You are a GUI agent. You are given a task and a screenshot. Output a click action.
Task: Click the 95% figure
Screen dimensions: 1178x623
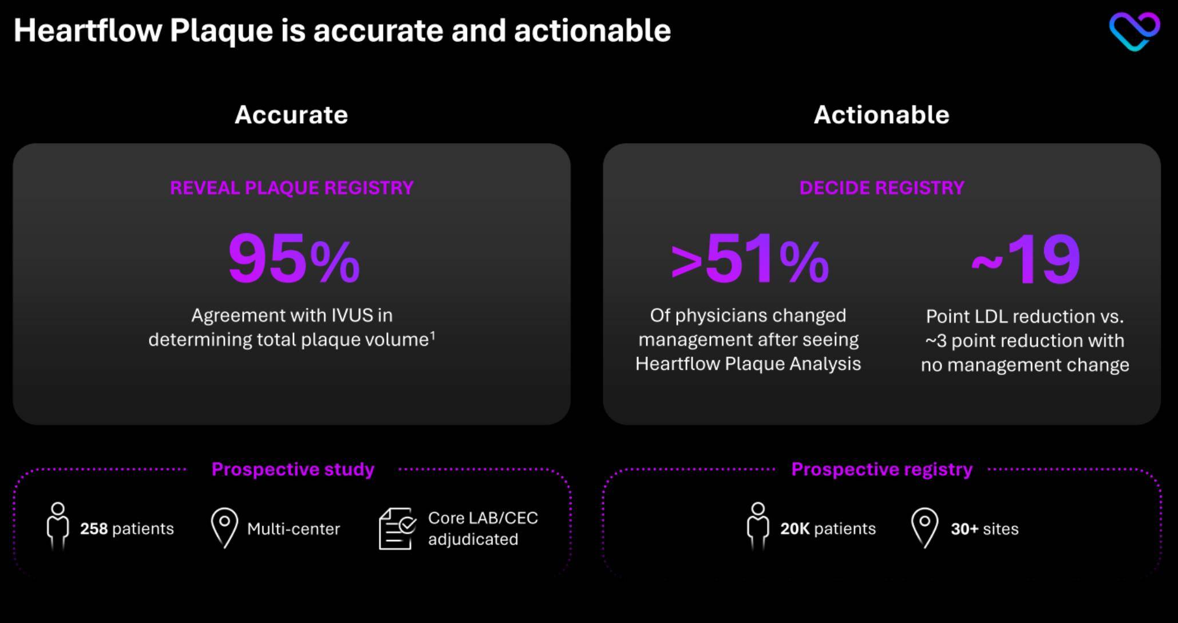tap(294, 259)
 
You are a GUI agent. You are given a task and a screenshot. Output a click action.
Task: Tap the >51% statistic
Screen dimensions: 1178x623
tap(749, 259)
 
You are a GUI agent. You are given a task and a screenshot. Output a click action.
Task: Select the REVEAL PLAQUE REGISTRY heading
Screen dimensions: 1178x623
tap(292, 188)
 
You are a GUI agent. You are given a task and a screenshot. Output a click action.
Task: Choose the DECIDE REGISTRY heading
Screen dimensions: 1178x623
tap(881, 188)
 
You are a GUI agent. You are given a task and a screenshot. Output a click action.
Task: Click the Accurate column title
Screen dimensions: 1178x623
tap(291, 115)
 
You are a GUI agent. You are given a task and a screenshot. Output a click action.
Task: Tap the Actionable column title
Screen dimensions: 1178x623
tap(881, 115)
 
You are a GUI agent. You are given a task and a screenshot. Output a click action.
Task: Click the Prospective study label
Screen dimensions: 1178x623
tap(293, 470)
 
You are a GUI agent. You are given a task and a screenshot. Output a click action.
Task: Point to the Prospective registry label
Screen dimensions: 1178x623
tap(881, 470)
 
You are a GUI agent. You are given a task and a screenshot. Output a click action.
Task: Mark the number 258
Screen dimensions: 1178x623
tap(94, 529)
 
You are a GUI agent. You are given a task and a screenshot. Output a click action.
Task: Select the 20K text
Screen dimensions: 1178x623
tap(795, 529)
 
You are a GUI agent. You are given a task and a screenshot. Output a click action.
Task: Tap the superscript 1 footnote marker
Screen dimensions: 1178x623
tap(433, 336)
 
